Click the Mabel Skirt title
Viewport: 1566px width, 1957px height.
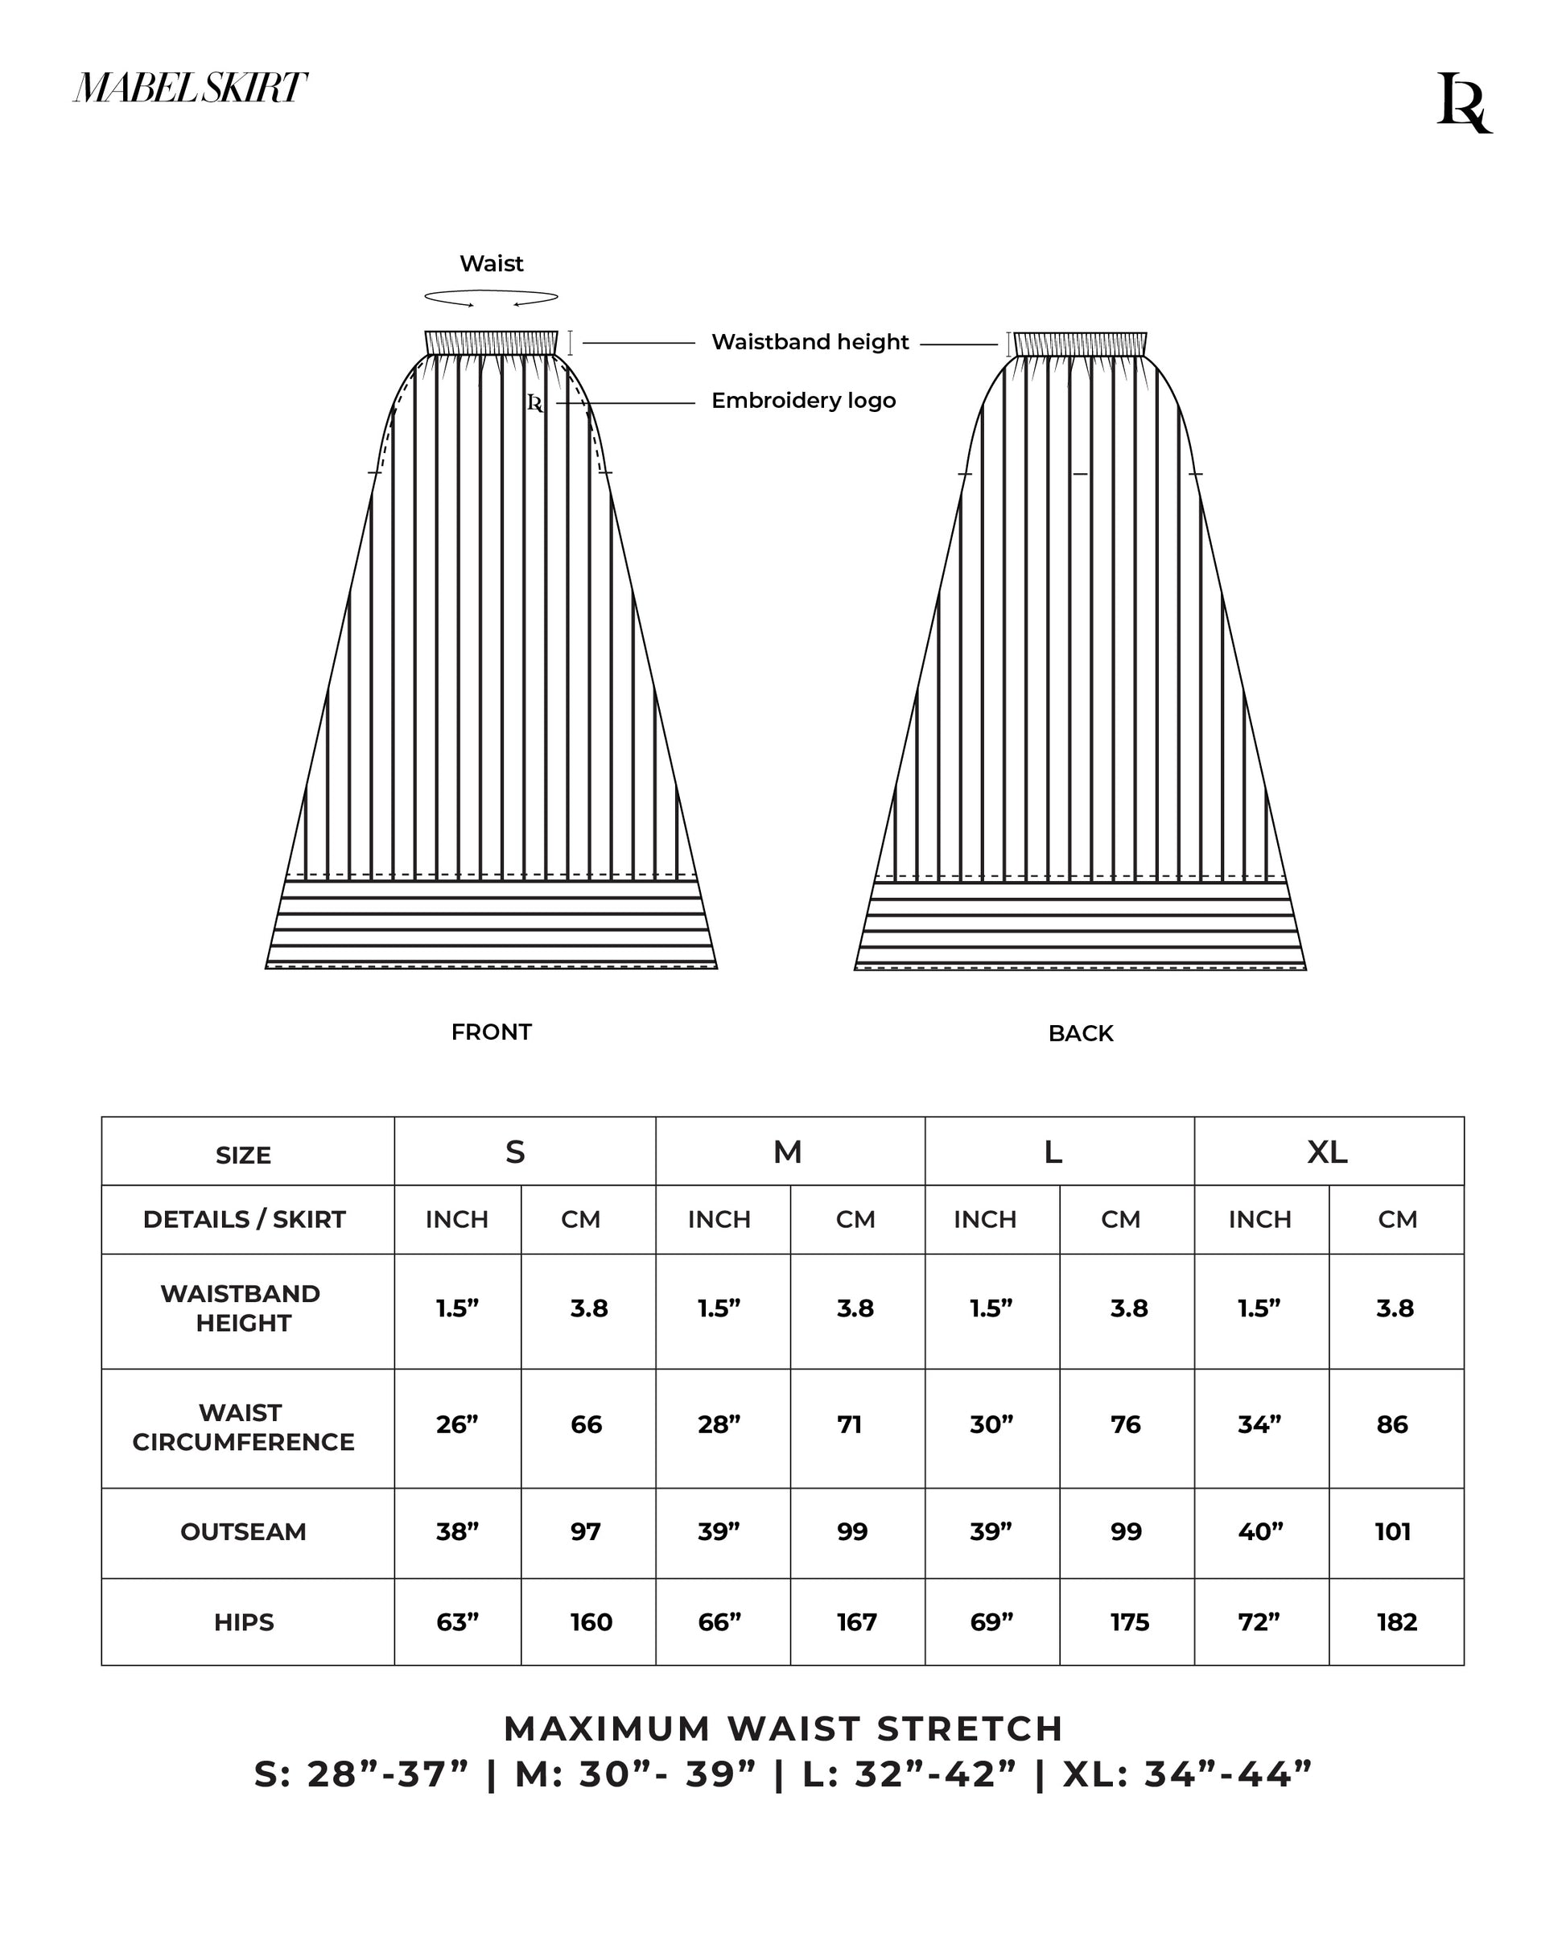(x=190, y=88)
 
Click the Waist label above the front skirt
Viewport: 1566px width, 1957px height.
(x=491, y=263)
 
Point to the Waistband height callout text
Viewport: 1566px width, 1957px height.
(x=809, y=342)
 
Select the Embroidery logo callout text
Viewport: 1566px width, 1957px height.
(x=802, y=400)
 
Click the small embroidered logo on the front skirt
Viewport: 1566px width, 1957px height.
(x=536, y=403)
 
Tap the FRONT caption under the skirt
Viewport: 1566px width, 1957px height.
(x=491, y=1032)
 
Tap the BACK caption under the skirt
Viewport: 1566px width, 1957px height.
(x=1080, y=1033)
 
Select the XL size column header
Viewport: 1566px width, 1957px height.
(x=1327, y=1152)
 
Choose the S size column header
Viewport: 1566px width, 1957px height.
(x=515, y=1152)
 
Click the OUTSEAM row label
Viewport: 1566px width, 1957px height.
(x=243, y=1532)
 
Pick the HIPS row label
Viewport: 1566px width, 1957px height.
(x=243, y=1622)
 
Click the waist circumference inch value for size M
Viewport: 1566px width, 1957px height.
(x=719, y=1424)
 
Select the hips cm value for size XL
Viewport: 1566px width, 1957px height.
(x=1396, y=1622)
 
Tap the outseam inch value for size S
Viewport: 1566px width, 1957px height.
(x=458, y=1532)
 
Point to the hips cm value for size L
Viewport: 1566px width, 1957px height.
(x=1129, y=1622)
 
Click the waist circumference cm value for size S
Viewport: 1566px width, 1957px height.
(x=587, y=1424)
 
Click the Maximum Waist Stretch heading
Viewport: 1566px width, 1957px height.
(x=782, y=1729)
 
